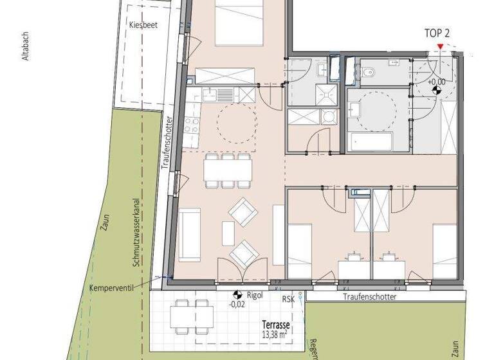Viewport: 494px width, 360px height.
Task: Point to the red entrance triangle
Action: click(x=439, y=46)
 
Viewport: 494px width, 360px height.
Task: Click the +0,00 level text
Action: click(x=437, y=81)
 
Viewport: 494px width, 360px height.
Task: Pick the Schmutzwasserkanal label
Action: click(x=136, y=232)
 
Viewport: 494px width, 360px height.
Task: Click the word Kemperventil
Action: click(x=111, y=287)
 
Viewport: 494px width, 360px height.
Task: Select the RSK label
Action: click(x=288, y=298)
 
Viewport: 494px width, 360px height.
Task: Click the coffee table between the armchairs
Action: click(x=228, y=233)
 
